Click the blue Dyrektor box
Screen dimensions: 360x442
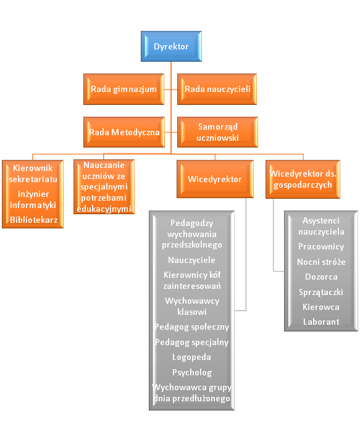(171, 46)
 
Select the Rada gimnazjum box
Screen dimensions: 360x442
(123, 89)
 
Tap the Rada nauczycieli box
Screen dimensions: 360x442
(217, 89)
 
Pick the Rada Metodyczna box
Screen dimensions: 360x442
(124, 132)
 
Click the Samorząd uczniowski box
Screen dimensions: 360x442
(217, 132)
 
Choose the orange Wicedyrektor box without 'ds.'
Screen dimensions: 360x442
(215, 179)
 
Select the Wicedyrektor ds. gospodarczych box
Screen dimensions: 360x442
(303, 179)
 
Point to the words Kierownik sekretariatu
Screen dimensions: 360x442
(33, 173)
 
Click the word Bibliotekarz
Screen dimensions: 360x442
(34, 220)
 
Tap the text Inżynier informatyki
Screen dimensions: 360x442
(33, 199)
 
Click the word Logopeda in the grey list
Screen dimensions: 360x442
(191, 357)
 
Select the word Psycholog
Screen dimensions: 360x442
(192, 372)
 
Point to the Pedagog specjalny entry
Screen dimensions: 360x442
(191, 342)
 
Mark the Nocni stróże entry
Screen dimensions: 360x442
(321, 262)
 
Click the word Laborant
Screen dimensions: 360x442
(321, 322)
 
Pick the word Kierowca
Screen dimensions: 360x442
(321, 307)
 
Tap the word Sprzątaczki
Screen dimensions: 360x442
(321, 292)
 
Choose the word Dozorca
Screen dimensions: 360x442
(321, 277)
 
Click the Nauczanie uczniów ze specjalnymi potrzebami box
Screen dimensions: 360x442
(104, 186)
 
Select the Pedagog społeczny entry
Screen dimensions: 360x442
(191, 327)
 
